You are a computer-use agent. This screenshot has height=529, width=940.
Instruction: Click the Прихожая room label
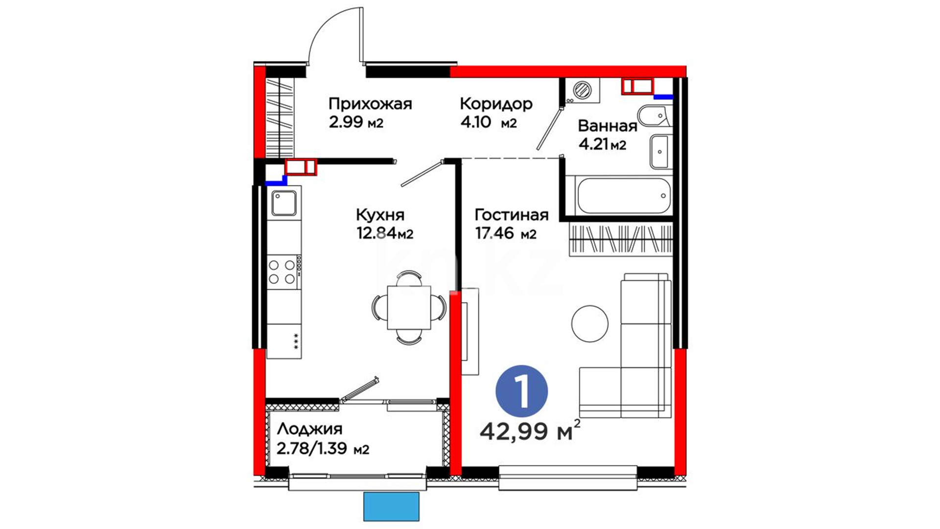tap(370, 104)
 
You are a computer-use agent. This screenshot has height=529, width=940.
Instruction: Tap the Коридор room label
tap(496, 104)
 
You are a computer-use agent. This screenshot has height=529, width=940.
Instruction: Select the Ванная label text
tap(608, 126)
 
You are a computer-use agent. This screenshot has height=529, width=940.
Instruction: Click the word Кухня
tap(380, 215)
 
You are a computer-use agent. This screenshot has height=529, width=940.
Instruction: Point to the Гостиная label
tap(512, 215)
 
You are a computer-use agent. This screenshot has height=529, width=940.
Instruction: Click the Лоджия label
tap(309, 430)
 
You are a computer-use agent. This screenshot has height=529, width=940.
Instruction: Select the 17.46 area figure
tap(494, 233)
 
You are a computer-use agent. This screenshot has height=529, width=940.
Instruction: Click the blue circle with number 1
tap(521, 391)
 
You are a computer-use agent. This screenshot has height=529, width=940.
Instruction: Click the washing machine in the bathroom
tap(582, 91)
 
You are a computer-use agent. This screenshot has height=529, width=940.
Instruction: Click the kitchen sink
tap(284, 203)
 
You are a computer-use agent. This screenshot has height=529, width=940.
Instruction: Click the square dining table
tap(409, 308)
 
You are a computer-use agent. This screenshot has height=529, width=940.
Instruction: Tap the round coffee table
tap(590, 324)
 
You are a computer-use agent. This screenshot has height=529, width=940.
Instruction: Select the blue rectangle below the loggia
tap(391, 506)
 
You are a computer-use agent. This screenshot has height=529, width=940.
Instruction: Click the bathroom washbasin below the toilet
tap(659, 152)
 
